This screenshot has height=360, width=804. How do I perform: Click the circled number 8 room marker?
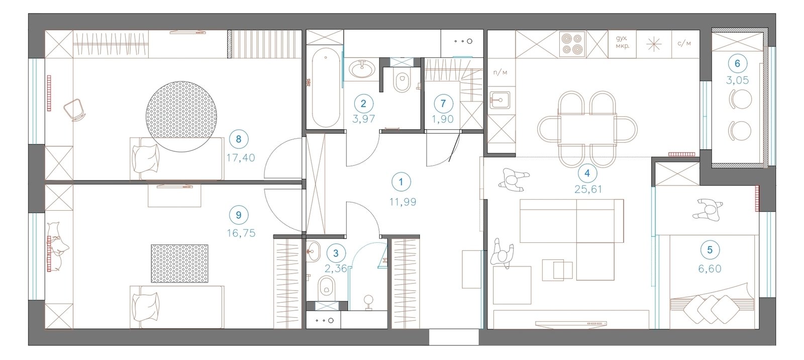[239, 139]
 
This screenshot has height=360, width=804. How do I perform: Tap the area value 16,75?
[241, 233]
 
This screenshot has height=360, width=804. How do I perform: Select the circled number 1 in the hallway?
[401, 182]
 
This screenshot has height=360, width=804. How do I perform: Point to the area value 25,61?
[588, 189]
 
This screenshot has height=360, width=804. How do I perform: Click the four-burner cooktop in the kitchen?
[572, 44]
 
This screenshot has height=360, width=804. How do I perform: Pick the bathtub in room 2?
[326, 87]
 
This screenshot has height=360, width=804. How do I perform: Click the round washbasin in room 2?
[362, 69]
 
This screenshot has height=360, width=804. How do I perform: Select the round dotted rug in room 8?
[181, 117]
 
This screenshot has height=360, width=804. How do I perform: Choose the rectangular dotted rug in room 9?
[179, 263]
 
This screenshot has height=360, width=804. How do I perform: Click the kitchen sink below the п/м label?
[499, 100]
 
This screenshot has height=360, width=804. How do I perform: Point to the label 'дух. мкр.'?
[622, 42]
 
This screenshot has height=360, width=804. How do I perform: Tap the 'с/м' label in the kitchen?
[684, 43]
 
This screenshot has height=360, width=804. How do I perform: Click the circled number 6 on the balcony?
[738, 63]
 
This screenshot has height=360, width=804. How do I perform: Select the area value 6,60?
[710, 268]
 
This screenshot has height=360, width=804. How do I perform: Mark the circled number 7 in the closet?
[443, 104]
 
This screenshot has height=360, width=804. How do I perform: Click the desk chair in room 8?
[75, 110]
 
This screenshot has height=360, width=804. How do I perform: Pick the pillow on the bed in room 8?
[145, 158]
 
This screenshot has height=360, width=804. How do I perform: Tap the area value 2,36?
[336, 268]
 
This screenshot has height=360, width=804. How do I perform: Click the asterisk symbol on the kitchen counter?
[654, 44]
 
